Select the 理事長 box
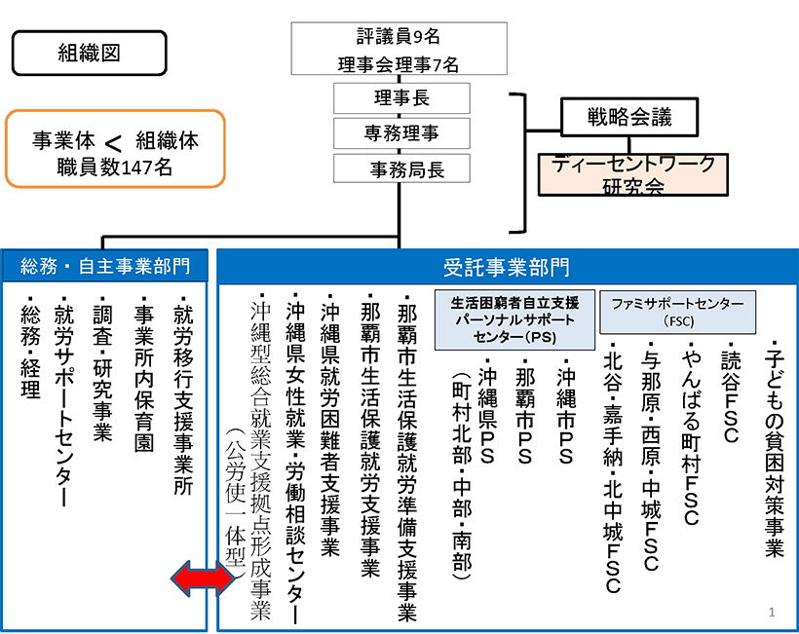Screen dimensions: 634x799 coord(401,98)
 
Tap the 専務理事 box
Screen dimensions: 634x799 coord(401,131)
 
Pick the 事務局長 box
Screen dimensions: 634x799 coord(401,168)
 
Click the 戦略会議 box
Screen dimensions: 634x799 coord(629,118)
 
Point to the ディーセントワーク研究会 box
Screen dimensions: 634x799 coord(633,171)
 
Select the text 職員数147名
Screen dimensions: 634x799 coord(115,167)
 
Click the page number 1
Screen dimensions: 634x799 coord(771,612)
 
